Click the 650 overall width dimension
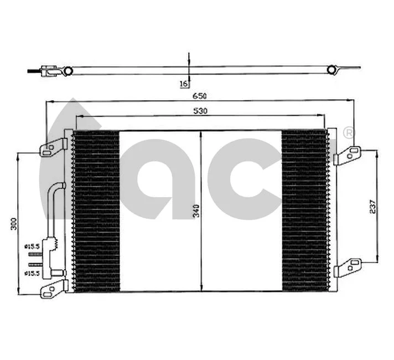click(200, 96)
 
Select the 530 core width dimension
click(200, 111)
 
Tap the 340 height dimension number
click(196, 211)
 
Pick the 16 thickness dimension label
click(183, 84)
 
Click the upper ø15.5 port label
click(32, 246)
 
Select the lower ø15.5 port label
click(32, 273)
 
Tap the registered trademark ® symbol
click(349, 133)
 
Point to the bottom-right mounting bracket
click(348, 268)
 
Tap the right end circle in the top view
click(331, 70)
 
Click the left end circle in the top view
click(68, 71)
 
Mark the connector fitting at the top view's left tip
click(45, 71)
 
